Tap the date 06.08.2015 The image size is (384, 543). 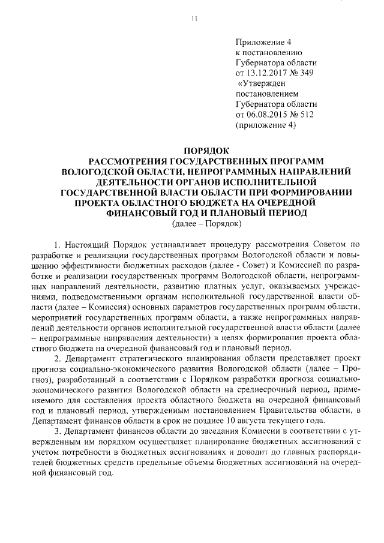pos(269,114)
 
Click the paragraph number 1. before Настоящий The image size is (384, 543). pos(58,245)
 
